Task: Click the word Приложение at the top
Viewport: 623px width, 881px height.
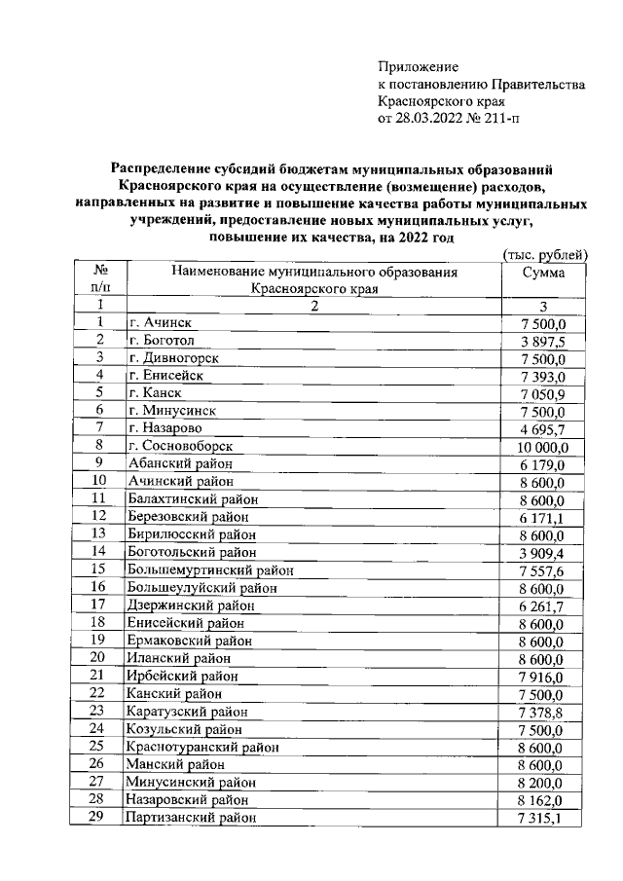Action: pos(417,66)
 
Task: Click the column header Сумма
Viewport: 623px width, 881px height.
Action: pos(543,273)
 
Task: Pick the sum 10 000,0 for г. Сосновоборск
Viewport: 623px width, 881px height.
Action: pos(551,446)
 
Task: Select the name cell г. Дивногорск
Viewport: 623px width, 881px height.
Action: pos(172,357)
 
